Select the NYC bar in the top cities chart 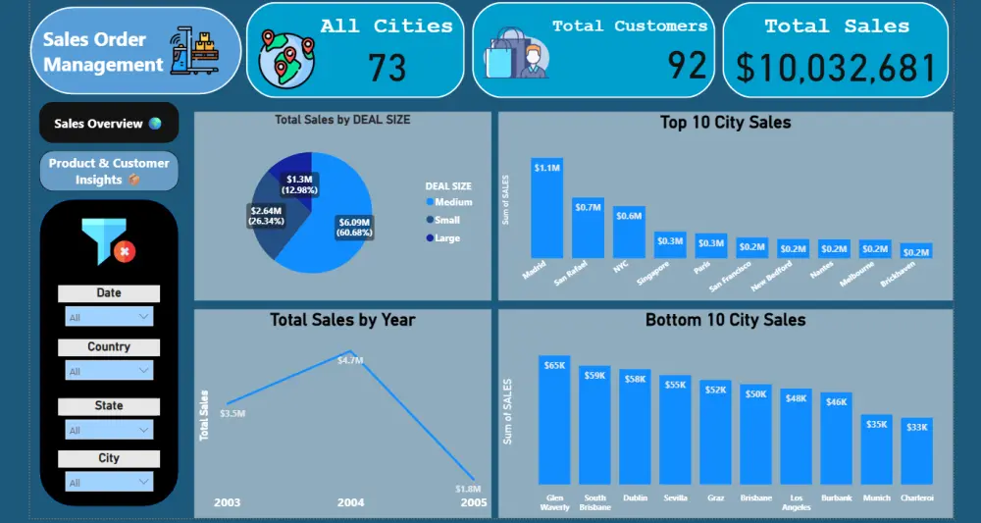point(628,233)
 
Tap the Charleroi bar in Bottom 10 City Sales point(916,451)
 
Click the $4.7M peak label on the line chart point(350,360)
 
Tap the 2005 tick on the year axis point(474,502)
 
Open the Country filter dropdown point(109,371)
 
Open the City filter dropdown point(109,482)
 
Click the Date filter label point(109,292)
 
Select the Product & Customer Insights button point(109,171)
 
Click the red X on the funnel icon point(125,252)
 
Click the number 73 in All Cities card point(387,68)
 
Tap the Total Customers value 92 point(687,66)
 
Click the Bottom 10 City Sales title point(725,320)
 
